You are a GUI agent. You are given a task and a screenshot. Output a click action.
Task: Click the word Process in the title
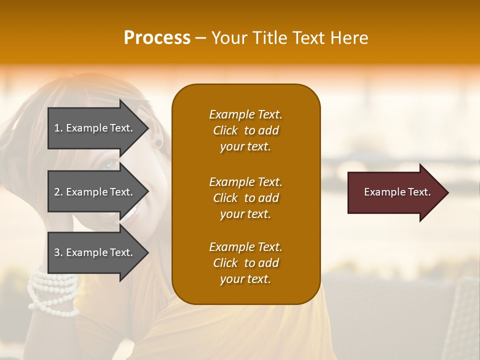pyautogui.click(x=156, y=38)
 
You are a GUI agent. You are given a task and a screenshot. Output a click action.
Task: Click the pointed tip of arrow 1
pyautogui.click(x=147, y=128)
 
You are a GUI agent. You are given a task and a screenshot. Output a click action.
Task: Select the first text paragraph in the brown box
pyautogui.click(x=245, y=130)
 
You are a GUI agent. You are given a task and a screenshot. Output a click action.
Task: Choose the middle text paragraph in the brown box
pyautogui.click(x=245, y=198)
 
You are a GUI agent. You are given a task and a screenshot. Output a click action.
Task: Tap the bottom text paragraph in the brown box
pyautogui.click(x=245, y=263)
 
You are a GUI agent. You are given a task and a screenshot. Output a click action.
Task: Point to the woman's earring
pyautogui.click(x=158, y=143)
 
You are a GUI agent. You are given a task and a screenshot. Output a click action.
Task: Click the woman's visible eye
pyautogui.click(x=109, y=165)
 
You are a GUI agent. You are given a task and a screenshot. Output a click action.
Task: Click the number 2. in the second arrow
pyautogui.click(x=58, y=192)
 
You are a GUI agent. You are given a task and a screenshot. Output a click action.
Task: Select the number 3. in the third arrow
pyautogui.click(x=58, y=252)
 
